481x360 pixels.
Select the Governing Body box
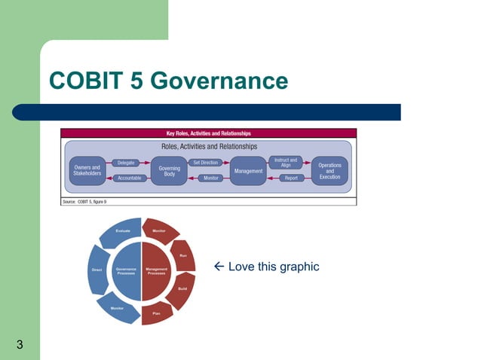169,171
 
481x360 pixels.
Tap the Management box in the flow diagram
249,171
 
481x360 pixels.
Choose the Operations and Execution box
329,170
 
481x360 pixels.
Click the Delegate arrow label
127,163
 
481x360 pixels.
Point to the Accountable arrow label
129,178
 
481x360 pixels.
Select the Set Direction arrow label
206,163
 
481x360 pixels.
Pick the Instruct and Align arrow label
286,162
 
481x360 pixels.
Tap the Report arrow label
291,178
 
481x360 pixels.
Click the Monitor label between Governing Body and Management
212,178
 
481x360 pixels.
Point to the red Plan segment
156,312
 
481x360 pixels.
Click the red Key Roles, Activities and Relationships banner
208,133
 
